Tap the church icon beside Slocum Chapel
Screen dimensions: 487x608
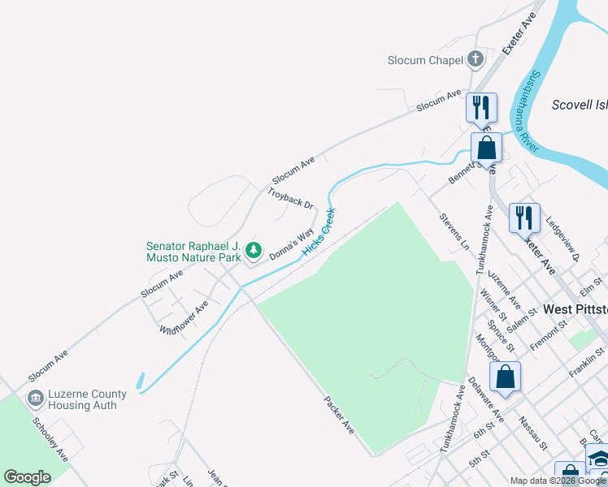click(476, 58)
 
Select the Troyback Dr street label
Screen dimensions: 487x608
click(290, 199)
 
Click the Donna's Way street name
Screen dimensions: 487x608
click(292, 241)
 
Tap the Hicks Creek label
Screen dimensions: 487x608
click(319, 233)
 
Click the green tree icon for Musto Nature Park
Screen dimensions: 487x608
click(254, 251)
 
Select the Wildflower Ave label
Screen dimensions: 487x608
click(184, 317)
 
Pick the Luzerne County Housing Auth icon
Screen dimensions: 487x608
click(36, 398)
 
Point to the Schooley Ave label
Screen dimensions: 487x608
click(50, 439)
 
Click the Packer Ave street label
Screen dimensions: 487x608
click(339, 414)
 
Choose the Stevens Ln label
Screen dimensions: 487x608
click(454, 231)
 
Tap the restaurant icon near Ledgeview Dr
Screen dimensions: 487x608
click(524, 218)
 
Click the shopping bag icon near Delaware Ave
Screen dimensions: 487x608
click(505, 377)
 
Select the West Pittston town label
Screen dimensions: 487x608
click(575, 309)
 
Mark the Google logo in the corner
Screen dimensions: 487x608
click(28, 477)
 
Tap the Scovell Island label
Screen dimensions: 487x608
click(579, 104)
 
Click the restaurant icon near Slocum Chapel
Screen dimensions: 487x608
click(481, 107)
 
